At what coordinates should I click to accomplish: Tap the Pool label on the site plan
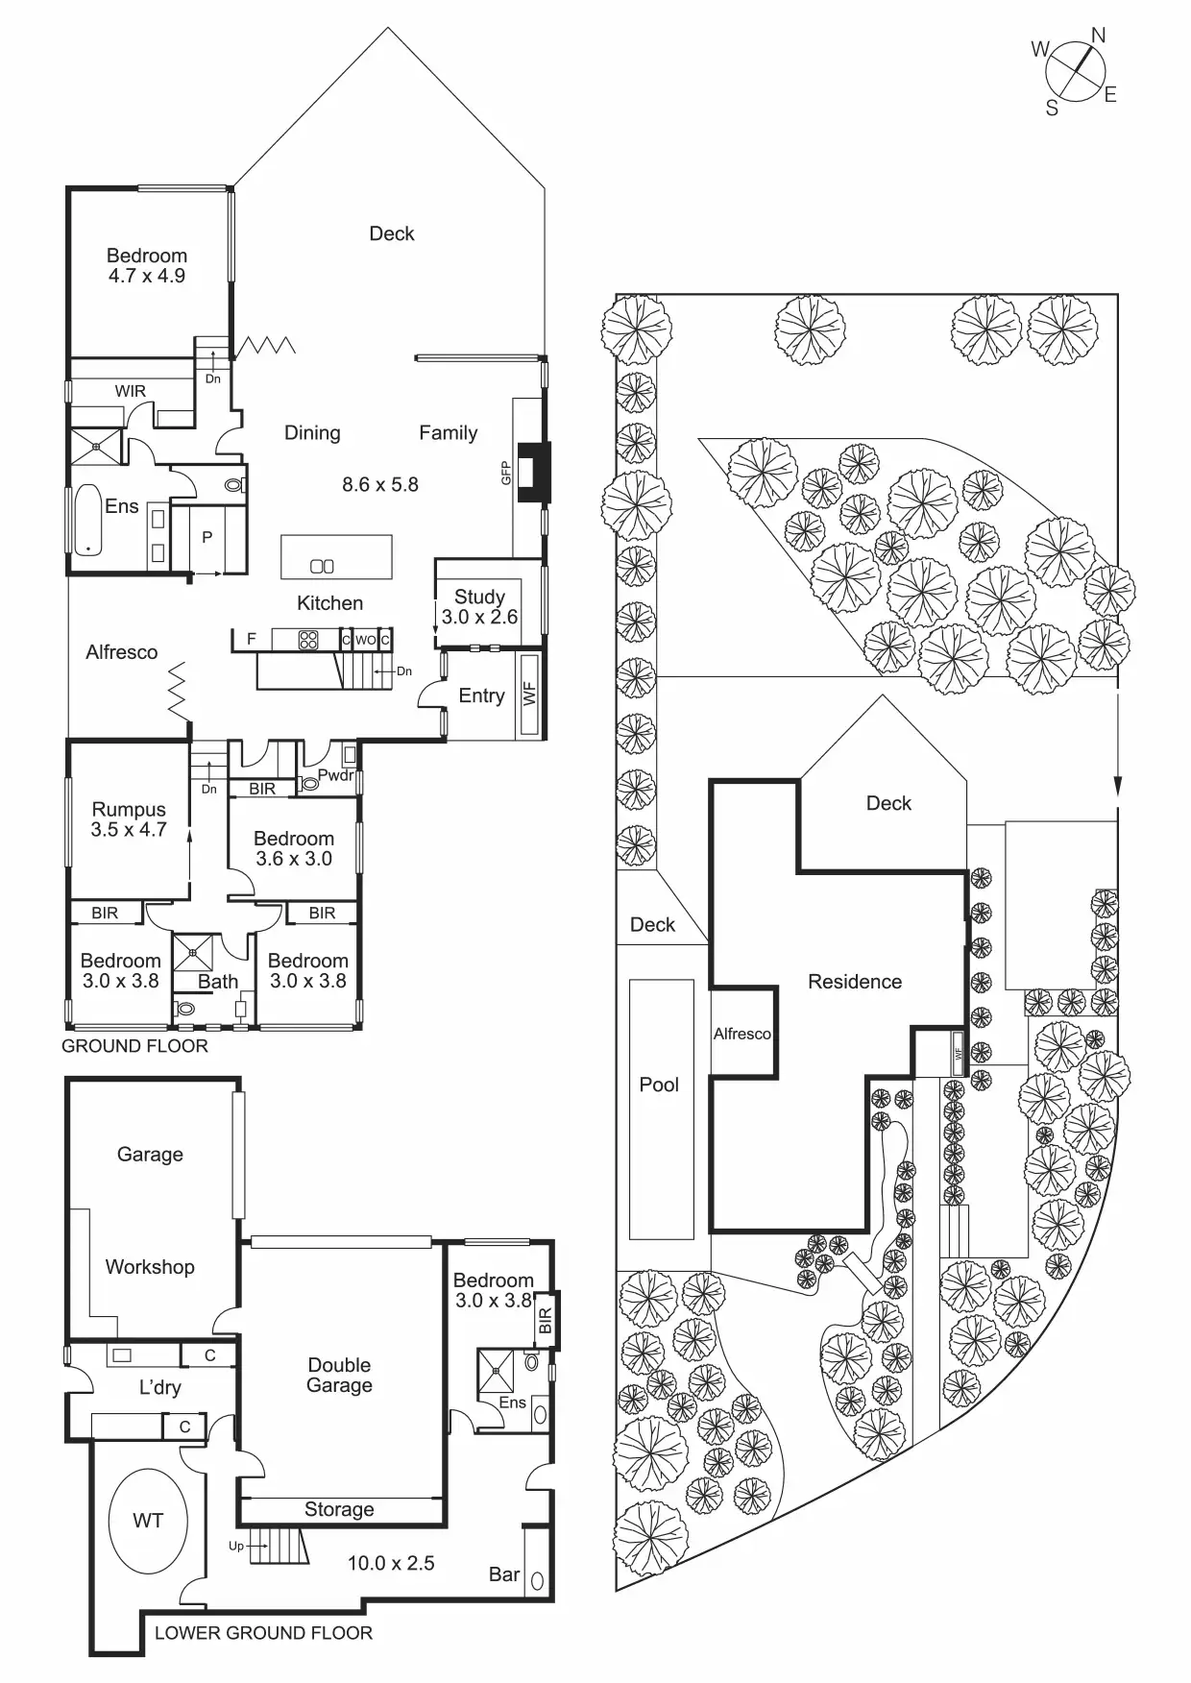tap(659, 1085)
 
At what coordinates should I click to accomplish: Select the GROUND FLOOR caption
tap(134, 1046)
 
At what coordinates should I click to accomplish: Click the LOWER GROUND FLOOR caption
tap(263, 1632)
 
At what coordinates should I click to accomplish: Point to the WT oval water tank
tap(148, 1521)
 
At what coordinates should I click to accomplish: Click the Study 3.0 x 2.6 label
tap(479, 607)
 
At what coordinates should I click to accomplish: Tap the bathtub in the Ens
tap(87, 519)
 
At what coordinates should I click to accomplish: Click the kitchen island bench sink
tap(323, 566)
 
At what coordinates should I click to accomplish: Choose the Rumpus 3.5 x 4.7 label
tap(129, 819)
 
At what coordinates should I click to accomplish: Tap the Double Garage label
tap(339, 1375)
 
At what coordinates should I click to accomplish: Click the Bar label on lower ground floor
tap(504, 1573)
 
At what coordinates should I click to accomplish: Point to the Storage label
tap(339, 1509)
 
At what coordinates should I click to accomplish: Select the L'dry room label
tap(159, 1387)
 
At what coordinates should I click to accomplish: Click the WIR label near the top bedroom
tap(131, 391)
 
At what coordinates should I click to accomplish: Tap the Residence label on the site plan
tap(855, 982)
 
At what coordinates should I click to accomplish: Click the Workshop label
tap(150, 1267)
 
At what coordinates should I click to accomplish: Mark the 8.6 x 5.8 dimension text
tap(380, 484)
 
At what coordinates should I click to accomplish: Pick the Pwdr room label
tap(335, 775)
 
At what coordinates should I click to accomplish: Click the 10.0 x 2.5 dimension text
tap(391, 1563)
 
